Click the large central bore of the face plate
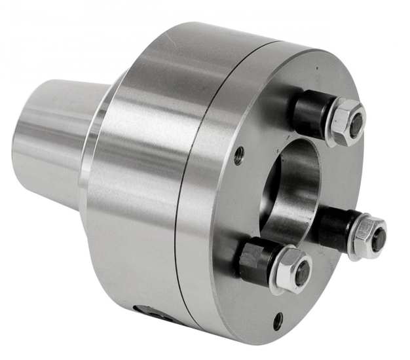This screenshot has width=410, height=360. click(288, 190)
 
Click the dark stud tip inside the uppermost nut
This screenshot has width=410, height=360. click(356, 124)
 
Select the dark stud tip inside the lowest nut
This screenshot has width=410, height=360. click(301, 274)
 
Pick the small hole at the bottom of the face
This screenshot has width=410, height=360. click(278, 321)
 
